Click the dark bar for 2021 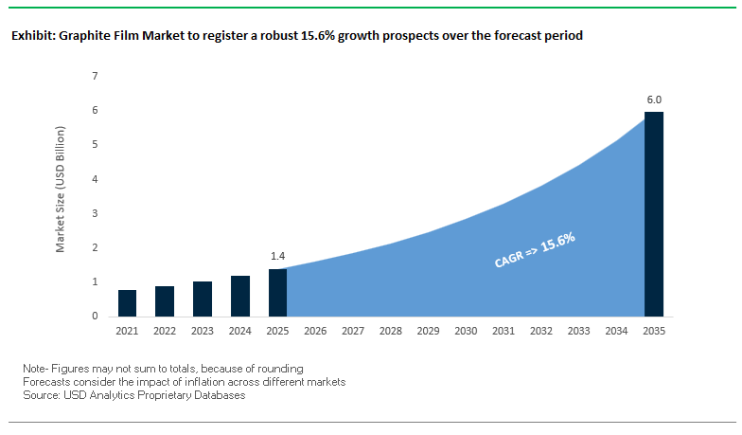127,303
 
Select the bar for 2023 203,299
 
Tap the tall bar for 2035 654,214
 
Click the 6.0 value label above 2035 654,99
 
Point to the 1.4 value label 277,256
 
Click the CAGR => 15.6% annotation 535,251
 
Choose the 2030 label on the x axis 466,331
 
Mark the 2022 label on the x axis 165,331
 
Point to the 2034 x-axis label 616,331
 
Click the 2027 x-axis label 353,331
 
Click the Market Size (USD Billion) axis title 60,195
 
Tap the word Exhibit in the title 31,36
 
